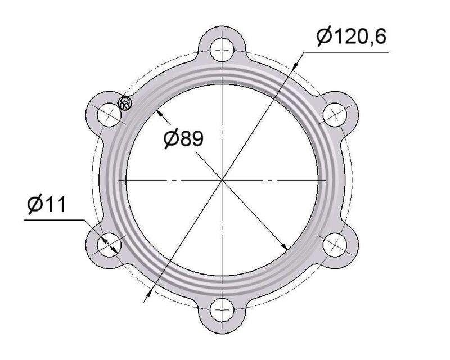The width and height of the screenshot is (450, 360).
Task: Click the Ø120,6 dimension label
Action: (352, 37)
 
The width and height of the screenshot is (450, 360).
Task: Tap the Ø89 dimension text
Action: (184, 138)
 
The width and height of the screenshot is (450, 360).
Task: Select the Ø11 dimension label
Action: (47, 204)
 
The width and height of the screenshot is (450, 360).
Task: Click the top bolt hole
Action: (222, 50)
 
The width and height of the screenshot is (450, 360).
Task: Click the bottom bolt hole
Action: (222, 310)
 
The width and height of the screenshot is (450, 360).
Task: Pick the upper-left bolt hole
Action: (109, 115)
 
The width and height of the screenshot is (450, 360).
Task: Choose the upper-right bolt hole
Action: (335, 115)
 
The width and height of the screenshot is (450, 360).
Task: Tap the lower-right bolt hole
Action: (335, 245)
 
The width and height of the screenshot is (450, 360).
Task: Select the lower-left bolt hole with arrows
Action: (109, 245)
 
